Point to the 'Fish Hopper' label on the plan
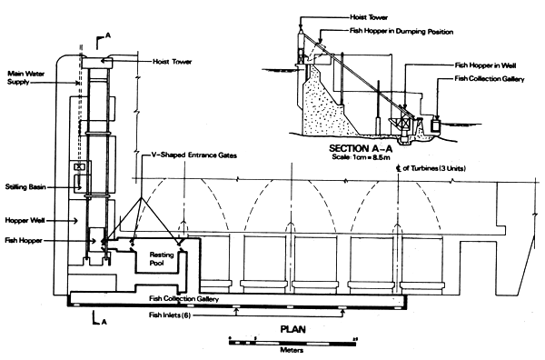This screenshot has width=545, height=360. pyautogui.click(x=22, y=240)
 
